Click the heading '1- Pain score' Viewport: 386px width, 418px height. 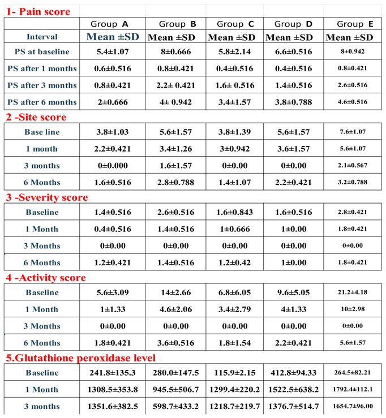pyautogui.click(x=38, y=11)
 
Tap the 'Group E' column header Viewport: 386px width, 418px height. pyautogui.click(x=350, y=24)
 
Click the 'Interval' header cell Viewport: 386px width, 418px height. pyautogui.click(x=42, y=37)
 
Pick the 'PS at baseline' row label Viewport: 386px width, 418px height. pyautogui.click(x=42, y=52)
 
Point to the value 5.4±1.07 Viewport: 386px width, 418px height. pyautogui.click(x=113, y=52)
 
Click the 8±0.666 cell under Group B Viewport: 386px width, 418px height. pyautogui.click(x=174, y=52)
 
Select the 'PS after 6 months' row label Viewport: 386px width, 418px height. pyautogui.click(x=42, y=102)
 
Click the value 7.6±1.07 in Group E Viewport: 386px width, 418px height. pyautogui.click(x=350, y=132)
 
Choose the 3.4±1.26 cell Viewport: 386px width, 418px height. pyautogui.click(x=174, y=148)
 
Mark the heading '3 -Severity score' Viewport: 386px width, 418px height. pyautogui.click(x=46, y=197)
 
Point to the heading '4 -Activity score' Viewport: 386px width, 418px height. pyautogui.click(x=46, y=278)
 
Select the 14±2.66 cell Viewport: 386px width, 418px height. pyautogui.click(x=174, y=293)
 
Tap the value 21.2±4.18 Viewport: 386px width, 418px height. pyautogui.click(x=350, y=293)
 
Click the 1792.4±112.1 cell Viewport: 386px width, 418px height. pyautogui.click(x=350, y=390)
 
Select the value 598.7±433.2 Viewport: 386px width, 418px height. pyautogui.click(x=174, y=406)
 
